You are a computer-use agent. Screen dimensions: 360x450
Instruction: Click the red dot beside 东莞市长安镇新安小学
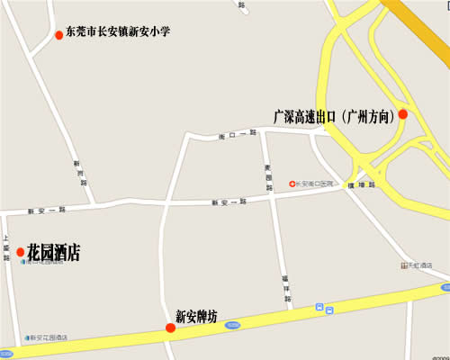click(59, 35)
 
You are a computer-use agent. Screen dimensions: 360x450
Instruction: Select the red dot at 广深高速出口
click(403, 114)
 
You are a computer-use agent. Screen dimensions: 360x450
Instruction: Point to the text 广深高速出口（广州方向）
click(335, 116)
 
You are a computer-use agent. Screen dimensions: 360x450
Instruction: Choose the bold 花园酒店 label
click(54, 253)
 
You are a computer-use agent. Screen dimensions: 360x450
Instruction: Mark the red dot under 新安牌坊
click(170, 328)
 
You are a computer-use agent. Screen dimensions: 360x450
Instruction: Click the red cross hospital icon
click(292, 184)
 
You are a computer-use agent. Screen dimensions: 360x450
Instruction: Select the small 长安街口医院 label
click(315, 184)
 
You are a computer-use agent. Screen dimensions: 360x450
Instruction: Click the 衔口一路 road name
click(238, 134)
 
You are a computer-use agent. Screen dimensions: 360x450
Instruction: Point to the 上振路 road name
click(7, 247)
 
